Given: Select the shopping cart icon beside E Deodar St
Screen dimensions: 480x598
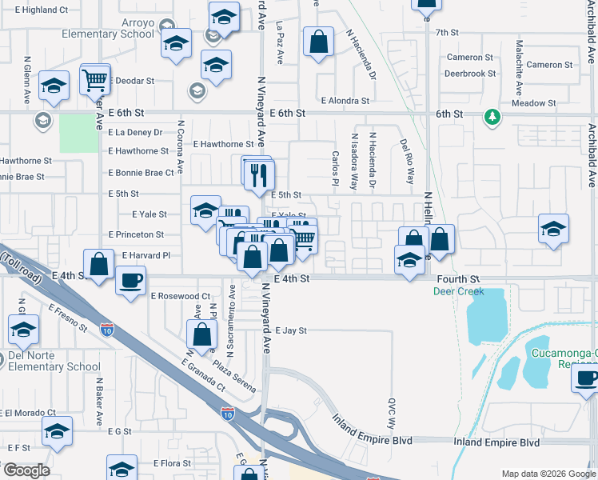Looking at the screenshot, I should click(x=95, y=81).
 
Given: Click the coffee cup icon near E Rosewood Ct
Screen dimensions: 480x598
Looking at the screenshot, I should click(x=130, y=281).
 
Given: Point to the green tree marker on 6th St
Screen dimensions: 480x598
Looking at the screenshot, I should click(x=492, y=118).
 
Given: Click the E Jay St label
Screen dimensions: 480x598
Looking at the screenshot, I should click(x=291, y=330).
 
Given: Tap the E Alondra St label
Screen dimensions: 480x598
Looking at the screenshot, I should click(x=345, y=101).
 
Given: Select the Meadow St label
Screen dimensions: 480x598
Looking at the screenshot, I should click(x=533, y=103).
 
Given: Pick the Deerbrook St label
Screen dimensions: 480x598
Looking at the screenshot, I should click(x=469, y=73).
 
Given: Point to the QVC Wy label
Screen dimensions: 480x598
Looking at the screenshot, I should click(x=392, y=413).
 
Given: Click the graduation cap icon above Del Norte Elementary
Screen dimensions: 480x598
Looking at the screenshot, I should click(x=23, y=330).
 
